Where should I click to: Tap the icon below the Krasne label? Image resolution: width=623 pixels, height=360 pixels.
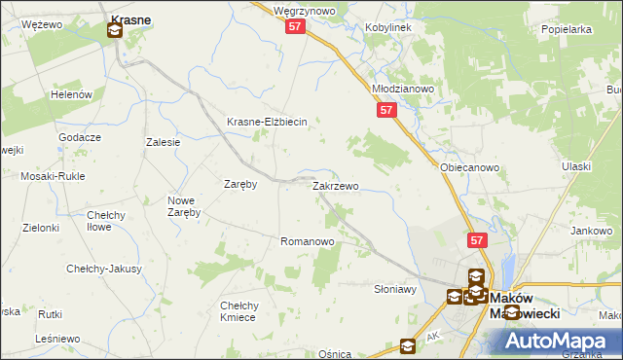click(x=114, y=31)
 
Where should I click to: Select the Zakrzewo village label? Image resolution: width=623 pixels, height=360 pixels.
click(x=335, y=185)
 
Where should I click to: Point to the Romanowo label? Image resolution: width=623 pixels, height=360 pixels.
click(x=308, y=240)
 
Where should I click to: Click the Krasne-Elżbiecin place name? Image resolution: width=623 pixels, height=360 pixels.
click(x=267, y=122)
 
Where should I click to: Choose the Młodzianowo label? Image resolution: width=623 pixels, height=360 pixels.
click(x=403, y=88)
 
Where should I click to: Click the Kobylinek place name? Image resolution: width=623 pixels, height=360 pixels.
click(x=388, y=27)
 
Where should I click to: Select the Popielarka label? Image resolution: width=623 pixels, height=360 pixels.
click(x=567, y=29)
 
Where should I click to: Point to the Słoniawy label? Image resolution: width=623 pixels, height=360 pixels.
click(x=395, y=289)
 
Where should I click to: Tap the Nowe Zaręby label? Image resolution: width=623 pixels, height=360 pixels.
click(x=184, y=206)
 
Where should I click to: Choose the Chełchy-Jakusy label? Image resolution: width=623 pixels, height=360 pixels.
click(x=104, y=269)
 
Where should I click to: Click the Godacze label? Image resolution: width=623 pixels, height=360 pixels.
click(x=80, y=137)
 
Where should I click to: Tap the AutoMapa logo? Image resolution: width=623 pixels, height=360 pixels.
click(x=556, y=340)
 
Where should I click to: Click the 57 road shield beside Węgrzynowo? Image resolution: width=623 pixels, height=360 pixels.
click(x=297, y=28)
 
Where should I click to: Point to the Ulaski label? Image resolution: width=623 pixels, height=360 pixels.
click(x=576, y=166)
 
